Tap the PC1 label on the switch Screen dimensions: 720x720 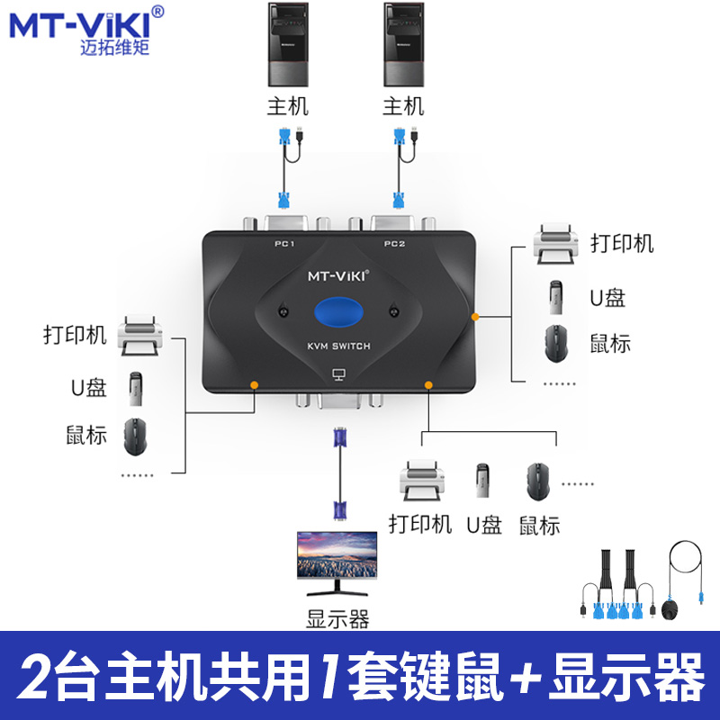285,244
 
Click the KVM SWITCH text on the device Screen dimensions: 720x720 337,346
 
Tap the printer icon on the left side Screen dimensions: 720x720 140,335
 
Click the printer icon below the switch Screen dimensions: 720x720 421,481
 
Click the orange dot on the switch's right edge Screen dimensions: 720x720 474,317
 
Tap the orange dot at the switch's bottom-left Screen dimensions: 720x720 255,384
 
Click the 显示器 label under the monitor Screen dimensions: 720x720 337,620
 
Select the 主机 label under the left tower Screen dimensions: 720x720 288,106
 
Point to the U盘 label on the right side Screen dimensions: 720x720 607,297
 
